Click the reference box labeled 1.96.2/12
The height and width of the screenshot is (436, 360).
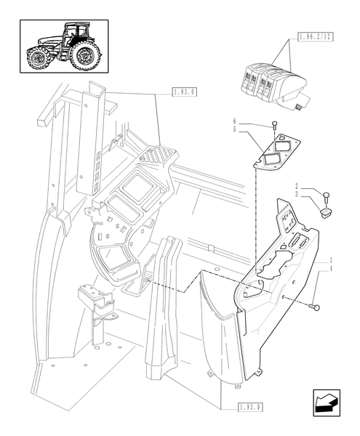tap(315, 37)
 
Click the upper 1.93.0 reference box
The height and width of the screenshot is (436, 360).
tap(185, 92)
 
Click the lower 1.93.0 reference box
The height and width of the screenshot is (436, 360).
tap(251, 408)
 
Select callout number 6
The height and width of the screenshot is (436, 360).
tap(234, 121)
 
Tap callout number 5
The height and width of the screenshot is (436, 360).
tap(234, 129)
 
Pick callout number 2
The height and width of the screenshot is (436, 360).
tap(297, 186)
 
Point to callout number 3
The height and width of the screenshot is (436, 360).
tap(297, 194)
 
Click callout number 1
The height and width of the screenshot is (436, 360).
tap(331, 260)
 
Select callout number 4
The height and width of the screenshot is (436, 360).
tap(331, 269)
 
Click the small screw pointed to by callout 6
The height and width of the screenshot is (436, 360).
tap(274, 125)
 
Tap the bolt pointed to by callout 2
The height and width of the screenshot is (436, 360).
tap(327, 198)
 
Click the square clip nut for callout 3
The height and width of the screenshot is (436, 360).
tap(325, 213)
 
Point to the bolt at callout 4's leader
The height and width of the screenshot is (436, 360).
tap(314, 307)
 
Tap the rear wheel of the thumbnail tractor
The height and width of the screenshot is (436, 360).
tap(85, 56)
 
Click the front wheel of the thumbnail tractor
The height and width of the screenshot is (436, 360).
tap(38, 58)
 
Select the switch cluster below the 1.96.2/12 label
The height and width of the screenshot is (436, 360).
tap(273, 84)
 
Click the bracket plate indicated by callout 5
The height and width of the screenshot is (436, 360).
tap(277, 152)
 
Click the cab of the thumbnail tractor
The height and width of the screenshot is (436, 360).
tap(75, 33)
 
